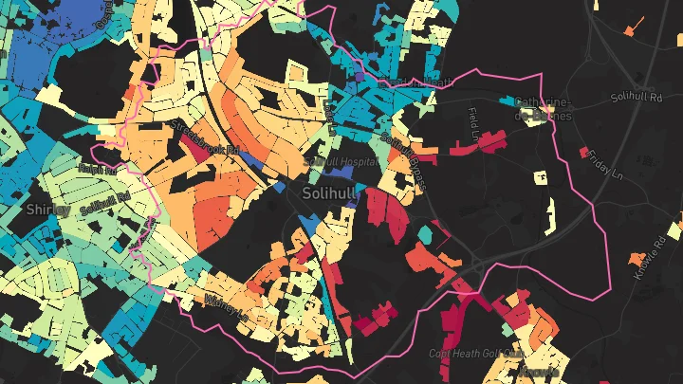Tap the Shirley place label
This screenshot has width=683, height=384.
45,209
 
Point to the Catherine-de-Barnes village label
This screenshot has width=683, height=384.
543,109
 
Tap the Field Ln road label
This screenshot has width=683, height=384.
474,124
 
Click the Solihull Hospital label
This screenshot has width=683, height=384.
341,162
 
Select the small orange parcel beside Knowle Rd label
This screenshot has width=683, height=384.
634,258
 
